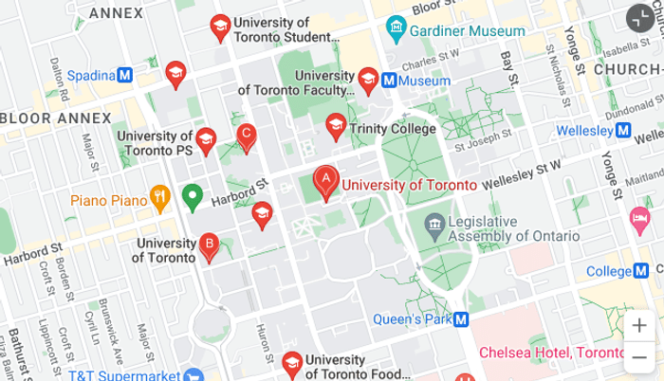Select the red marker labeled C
(x=246, y=136)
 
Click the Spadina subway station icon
(x=124, y=75)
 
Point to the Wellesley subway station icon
(x=623, y=130)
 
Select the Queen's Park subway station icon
(x=461, y=319)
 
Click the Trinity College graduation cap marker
(x=335, y=125)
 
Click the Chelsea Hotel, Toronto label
(x=551, y=352)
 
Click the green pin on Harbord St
(x=193, y=196)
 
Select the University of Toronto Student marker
(x=220, y=27)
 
